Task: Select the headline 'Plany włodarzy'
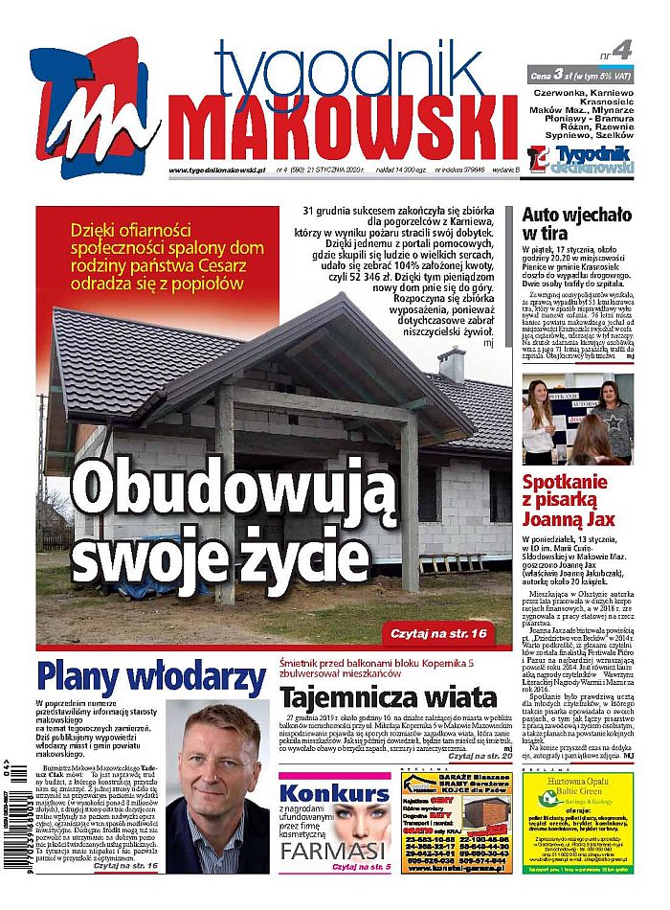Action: (x=150, y=677)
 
